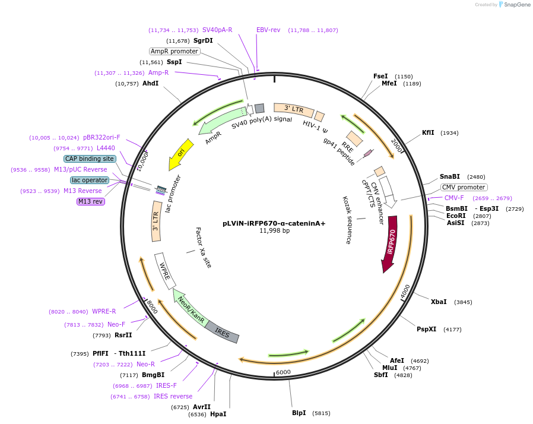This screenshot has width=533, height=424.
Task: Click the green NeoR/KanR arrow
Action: point(191,308)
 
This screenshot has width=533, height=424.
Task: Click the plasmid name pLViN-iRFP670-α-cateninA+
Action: point(274,223)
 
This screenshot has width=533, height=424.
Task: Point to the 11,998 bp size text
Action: point(274,231)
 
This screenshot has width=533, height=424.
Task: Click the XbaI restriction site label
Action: point(439,302)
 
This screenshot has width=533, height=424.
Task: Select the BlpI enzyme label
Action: point(299,413)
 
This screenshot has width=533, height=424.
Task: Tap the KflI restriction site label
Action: point(428,132)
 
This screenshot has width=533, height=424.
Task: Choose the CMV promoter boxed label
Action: point(464,187)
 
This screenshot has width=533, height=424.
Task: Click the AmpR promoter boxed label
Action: point(174,51)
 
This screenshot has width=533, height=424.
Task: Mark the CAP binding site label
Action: point(89,159)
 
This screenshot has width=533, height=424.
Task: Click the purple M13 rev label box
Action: point(90,201)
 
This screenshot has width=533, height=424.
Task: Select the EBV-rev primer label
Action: point(268,30)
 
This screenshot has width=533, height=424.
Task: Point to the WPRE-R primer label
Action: point(104,311)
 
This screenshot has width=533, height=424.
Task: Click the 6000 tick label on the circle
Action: point(283,372)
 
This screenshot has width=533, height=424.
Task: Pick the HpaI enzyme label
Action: point(218,414)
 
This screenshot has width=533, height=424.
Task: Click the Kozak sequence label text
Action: point(347,220)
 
